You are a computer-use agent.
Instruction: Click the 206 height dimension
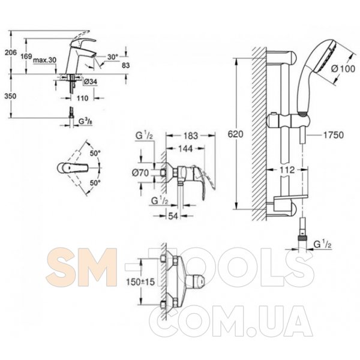pyautogui.click(x=11, y=53)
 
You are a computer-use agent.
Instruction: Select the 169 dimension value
pyautogui.click(x=26, y=56)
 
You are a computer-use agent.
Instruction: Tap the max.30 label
pyautogui.click(x=45, y=60)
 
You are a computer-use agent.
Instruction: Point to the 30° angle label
pyautogui.click(x=113, y=57)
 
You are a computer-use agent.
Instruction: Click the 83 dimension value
pyautogui.click(x=125, y=65)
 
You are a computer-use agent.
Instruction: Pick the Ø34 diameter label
pyautogui.click(x=91, y=81)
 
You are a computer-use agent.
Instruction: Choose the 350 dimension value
pyautogui.click(x=10, y=96)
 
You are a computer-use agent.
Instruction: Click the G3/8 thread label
pyautogui.click(x=85, y=122)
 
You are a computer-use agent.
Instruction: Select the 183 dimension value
pyautogui.click(x=191, y=136)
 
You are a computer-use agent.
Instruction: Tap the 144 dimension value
pyautogui.click(x=185, y=149)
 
